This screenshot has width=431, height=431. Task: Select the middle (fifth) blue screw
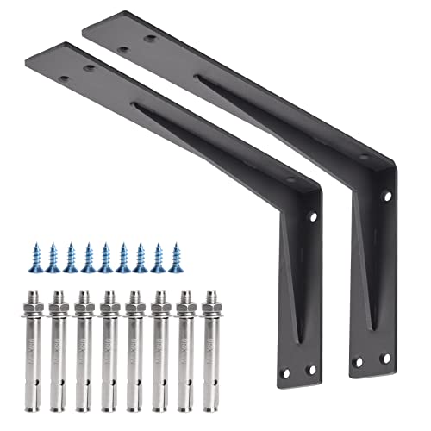105,257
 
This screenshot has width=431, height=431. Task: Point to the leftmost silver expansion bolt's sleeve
33,353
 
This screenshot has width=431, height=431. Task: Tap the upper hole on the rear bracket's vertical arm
387,197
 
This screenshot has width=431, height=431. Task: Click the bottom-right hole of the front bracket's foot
312,370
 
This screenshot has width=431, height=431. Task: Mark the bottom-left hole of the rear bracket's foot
358,361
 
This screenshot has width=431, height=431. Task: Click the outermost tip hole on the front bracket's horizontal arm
63,78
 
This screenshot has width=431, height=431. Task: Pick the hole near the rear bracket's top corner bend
363,156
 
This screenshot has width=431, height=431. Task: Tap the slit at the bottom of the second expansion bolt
59,379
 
